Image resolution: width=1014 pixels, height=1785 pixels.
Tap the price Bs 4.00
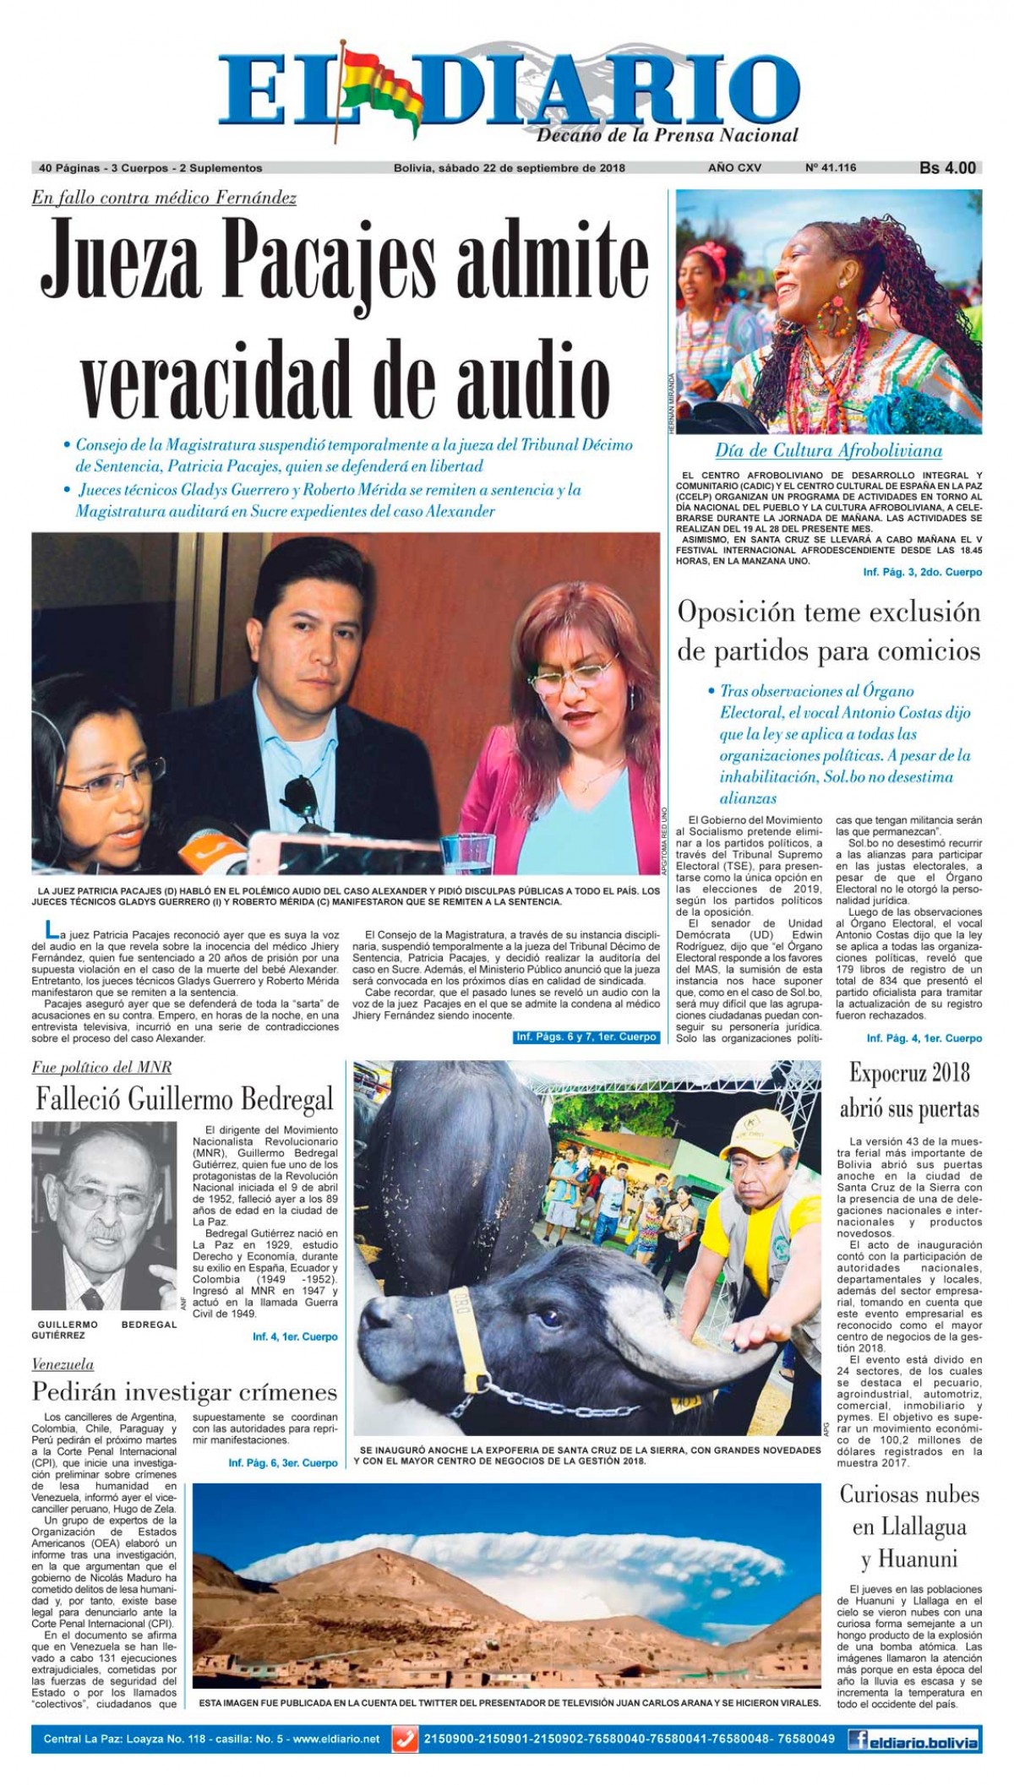(947, 168)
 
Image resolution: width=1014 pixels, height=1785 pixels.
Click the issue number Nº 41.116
(831, 168)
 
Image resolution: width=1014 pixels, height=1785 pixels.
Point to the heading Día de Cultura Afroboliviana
(828, 450)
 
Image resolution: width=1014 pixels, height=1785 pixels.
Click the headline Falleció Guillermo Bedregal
(184, 1099)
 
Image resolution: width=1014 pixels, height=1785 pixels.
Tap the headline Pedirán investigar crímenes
(184, 1391)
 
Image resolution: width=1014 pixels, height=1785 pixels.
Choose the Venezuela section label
(63, 1364)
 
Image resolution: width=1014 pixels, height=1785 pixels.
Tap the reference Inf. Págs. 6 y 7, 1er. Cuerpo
(586, 1037)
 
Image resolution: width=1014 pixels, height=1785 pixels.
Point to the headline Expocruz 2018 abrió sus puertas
(909, 1091)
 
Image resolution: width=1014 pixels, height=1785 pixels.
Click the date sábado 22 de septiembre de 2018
(509, 168)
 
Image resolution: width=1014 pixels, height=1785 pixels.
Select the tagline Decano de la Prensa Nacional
(667, 135)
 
